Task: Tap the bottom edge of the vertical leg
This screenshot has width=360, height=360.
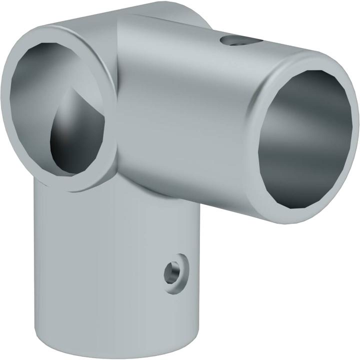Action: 110,352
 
